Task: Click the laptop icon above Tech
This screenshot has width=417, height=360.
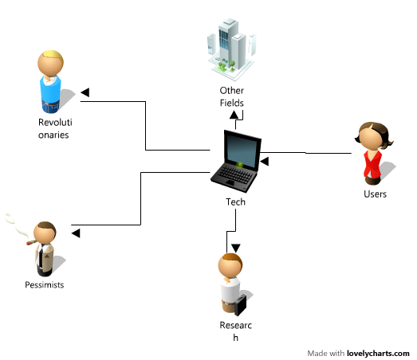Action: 236,162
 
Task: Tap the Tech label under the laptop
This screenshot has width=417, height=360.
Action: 236,202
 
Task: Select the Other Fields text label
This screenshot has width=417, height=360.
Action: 232,96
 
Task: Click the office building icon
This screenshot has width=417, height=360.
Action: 231,49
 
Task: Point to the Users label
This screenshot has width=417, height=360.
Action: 375,194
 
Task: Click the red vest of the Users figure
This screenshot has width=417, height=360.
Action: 372,164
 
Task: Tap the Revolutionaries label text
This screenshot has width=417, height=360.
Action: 55,128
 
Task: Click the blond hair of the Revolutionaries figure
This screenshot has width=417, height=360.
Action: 54,56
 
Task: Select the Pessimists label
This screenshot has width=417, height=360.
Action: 45,285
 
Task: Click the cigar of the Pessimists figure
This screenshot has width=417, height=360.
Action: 31,242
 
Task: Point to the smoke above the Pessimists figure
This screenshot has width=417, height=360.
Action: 17,225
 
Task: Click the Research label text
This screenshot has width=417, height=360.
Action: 236,331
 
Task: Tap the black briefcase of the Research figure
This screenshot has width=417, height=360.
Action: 241,305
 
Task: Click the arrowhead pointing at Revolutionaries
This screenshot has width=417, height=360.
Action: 85,92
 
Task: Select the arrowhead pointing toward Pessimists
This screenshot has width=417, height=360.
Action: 76,233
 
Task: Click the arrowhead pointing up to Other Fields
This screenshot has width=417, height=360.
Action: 234,115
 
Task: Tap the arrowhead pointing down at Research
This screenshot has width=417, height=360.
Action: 236,248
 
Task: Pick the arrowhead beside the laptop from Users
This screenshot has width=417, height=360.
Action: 265,161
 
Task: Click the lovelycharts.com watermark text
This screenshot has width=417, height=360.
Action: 378,354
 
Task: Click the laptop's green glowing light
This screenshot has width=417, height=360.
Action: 240,165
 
